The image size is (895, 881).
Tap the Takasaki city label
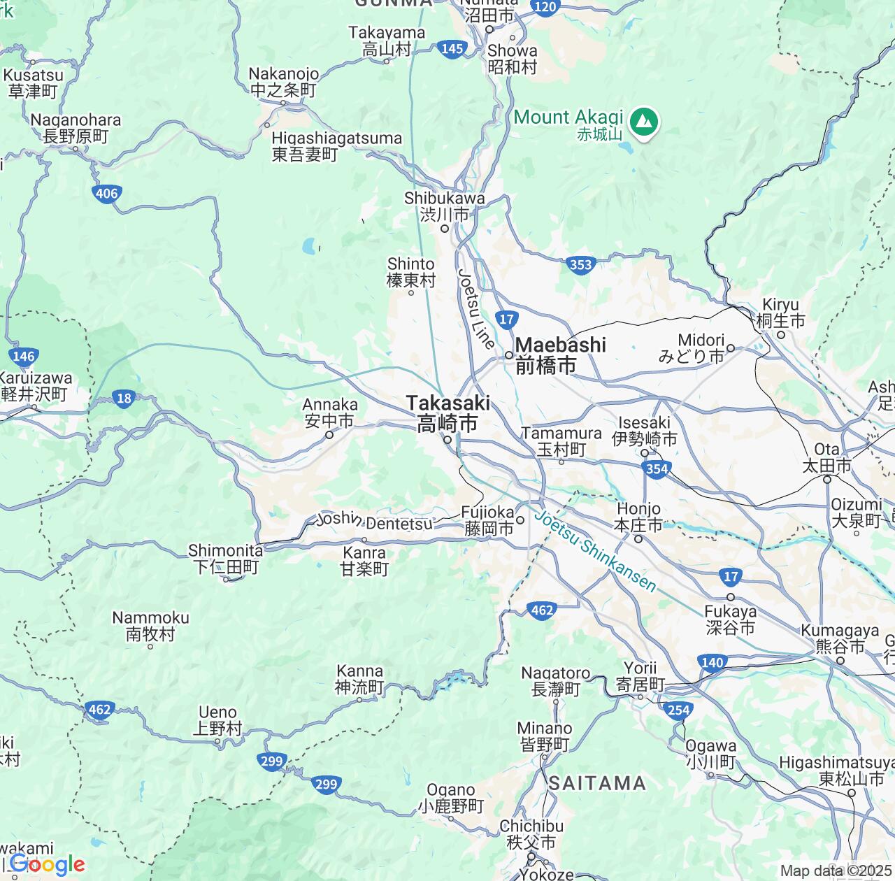tap(447, 413)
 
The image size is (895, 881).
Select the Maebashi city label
tap(560, 354)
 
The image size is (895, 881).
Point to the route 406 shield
tap(106, 194)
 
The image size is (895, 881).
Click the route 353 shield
tap(580, 264)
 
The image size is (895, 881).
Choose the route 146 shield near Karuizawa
tap(23, 356)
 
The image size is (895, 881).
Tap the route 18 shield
tap(124, 399)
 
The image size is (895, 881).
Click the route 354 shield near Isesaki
tap(657, 468)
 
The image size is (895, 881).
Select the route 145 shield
tap(452, 48)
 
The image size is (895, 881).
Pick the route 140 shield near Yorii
tap(711, 662)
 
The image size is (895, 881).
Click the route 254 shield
tap(678, 710)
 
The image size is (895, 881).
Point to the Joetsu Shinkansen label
tap(595, 552)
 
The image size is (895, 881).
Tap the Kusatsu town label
tap(33, 83)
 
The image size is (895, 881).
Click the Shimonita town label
tap(225, 559)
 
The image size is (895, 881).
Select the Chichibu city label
tap(531, 834)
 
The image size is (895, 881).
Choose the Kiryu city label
tap(780, 313)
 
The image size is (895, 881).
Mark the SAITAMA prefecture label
tap(597, 783)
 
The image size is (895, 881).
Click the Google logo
tap(48, 865)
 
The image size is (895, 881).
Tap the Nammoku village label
tap(150, 626)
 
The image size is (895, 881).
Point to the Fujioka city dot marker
tap(520, 520)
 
